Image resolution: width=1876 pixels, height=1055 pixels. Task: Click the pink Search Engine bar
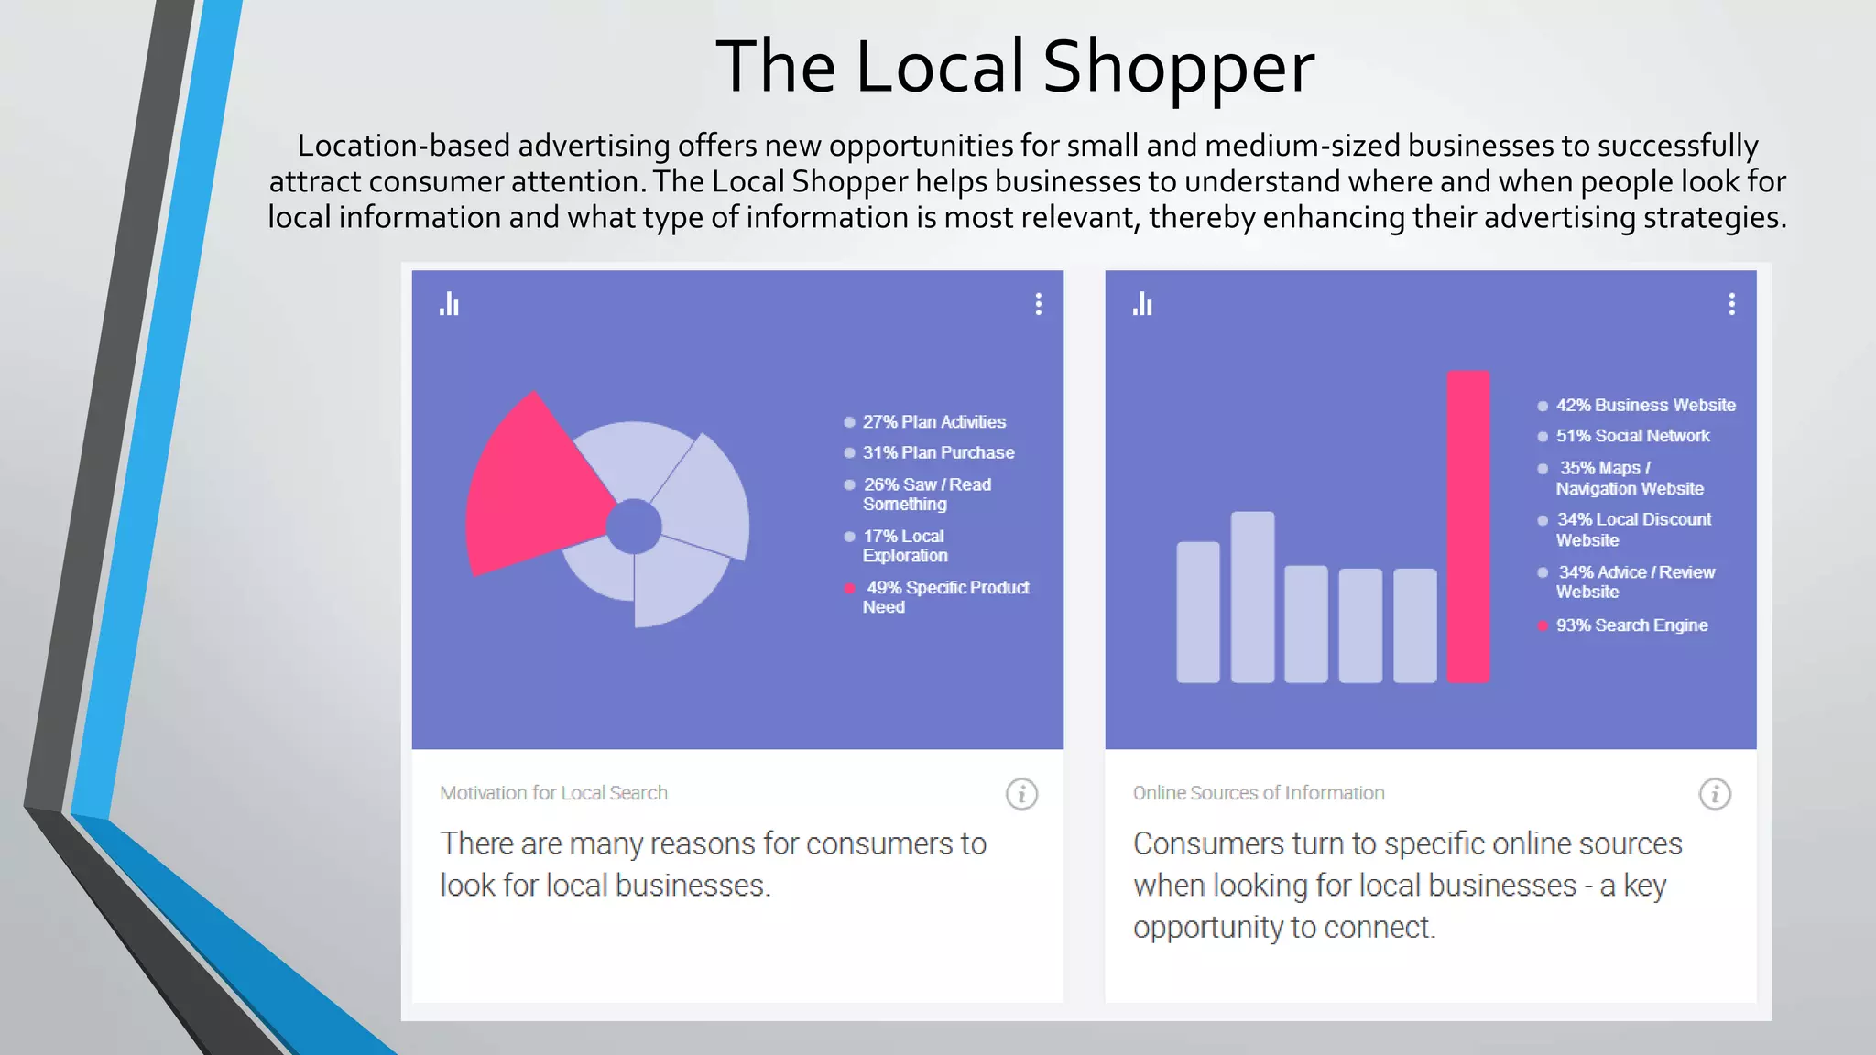click(x=1467, y=527)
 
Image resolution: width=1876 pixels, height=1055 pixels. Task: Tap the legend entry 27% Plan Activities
click(x=933, y=422)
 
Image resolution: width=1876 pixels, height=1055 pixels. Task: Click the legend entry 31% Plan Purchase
click(x=938, y=453)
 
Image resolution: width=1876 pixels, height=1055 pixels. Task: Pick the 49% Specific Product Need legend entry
click(x=946, y=597)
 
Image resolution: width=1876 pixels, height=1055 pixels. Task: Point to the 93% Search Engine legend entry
click(x=1631, y=625)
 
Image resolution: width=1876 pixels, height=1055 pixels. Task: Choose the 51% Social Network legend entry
click(x=1631, y=437)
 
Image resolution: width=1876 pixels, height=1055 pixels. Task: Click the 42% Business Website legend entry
click(x=1644, y=406)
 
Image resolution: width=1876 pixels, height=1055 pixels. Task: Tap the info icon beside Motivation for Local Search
click(x=1021, y=794)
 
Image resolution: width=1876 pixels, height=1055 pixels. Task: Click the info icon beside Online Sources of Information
click(x=1715, y=794)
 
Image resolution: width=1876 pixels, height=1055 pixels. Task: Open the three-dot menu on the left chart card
click(x=1038, y=304)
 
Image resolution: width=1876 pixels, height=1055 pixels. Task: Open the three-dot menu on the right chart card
click(x=1731, y=304)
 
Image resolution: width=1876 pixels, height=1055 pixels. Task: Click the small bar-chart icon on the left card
click(x=449, y=304)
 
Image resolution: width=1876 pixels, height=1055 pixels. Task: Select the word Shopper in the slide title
click(x=1178, y=68)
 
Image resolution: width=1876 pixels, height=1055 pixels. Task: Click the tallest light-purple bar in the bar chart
click(x=1252, y=597)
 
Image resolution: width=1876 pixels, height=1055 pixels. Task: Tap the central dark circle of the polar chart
click(x=634, y=527)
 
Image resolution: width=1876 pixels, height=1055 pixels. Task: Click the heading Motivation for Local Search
click(x=553, y=793)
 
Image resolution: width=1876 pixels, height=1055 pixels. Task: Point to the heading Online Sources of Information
click(x=1258, y=793)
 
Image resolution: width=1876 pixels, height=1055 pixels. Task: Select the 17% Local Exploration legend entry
click(x=904, y=546)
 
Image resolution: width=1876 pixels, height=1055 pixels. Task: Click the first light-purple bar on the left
click(x=1197, y=612)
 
